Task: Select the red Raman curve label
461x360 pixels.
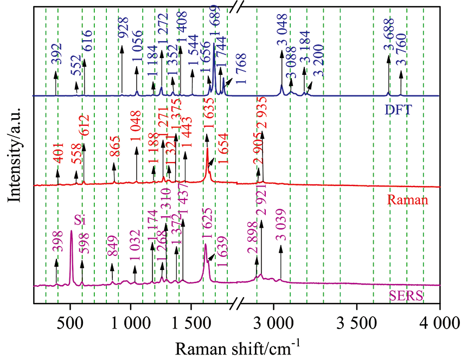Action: [x=408, y=200]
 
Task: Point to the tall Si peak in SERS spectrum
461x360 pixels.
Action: [x=71, y=232]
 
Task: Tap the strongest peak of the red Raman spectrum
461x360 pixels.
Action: [x=207, y=151]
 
